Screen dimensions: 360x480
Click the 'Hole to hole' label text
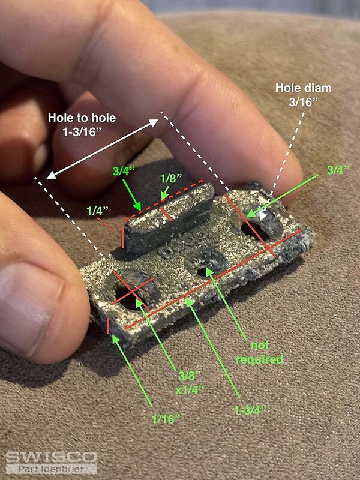[x=82, y=118]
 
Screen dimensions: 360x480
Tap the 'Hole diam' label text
[x=304, y=88]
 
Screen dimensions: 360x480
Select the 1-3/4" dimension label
[x=250, y=410]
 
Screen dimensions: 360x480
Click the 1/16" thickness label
[x=166, y=419]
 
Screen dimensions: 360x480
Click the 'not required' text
[x=260, y=353]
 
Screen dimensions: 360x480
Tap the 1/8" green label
[x=171, y=178]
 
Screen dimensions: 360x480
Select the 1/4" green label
[x=97, y=211]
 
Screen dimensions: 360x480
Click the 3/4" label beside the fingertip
[x=338, y=170]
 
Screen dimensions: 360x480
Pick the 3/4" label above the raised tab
[x=124, y=171]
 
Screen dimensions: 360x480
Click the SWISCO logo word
[x=51, y=457]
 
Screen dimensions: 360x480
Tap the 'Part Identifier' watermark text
[x=51, y=469]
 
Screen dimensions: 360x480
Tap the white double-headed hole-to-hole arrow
[x=103, y=149]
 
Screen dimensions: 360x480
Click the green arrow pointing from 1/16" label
[x=133, y=371]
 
